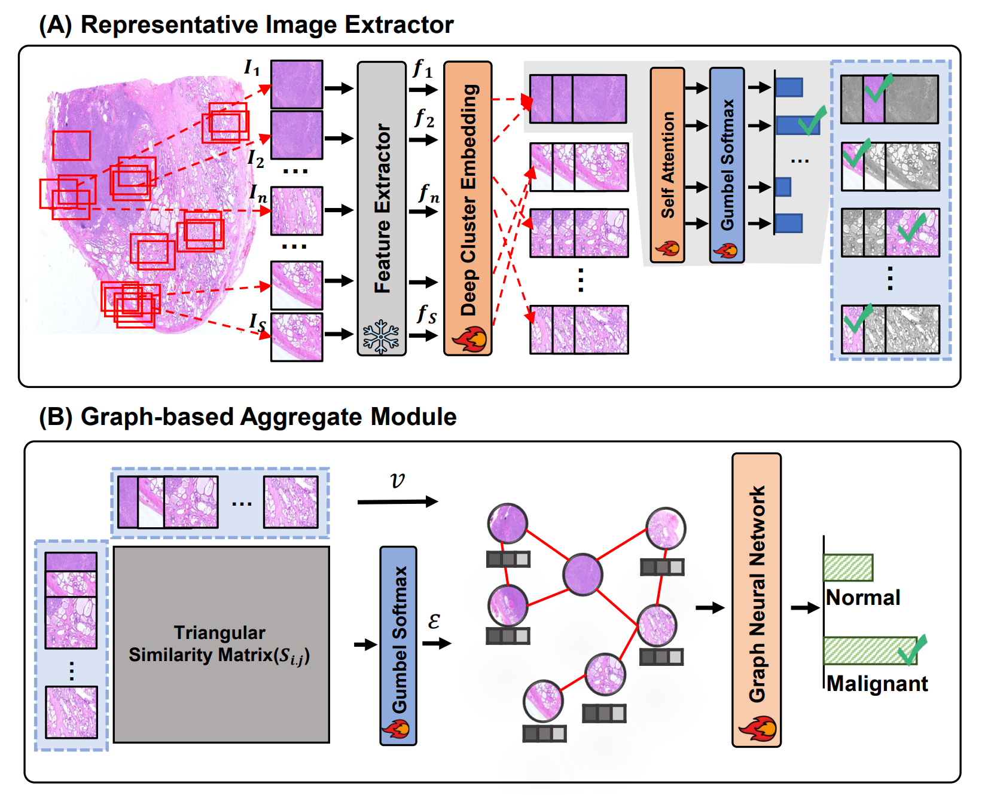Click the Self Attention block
[667, 165]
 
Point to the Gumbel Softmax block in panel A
[727, 165]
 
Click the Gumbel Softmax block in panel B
[398, 640]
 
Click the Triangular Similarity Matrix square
[221, 644]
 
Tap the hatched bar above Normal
[848, 568]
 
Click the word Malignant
[877, 684]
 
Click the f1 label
[423, 69]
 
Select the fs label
[426, 314]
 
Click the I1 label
[252, 68]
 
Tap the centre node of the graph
[583, 574]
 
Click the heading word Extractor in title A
[399, 25]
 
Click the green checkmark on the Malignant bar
[913, 650]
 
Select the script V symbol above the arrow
[397, 481]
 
